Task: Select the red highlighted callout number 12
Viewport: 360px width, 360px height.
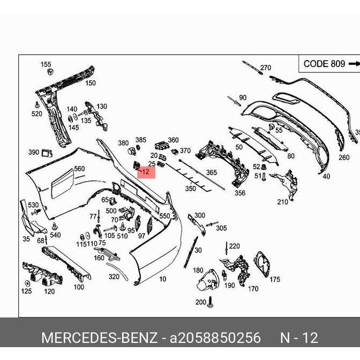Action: [146, 172]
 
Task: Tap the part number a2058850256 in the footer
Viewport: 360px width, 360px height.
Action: [215, 338]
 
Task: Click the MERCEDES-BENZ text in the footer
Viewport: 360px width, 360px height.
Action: [99, 338]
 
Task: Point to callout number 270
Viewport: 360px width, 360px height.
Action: [266, 68]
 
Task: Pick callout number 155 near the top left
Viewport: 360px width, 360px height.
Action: [46, 64]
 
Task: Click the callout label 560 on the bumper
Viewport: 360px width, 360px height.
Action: [79, 169]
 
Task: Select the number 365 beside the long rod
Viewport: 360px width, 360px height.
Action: [212, 172]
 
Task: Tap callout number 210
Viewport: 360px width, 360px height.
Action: [282, 202]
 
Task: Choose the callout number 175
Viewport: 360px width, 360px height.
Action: [274, 279]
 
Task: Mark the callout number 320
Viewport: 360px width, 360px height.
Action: [114, 277]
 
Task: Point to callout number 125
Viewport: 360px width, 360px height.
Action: [26, 291]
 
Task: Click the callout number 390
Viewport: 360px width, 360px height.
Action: [33, 153]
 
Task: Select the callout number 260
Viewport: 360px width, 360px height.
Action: [343, 158]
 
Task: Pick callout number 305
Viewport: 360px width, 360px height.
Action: [221, 228]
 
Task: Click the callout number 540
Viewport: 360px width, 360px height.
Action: [55, 235]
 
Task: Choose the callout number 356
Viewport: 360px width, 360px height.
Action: [239, 193]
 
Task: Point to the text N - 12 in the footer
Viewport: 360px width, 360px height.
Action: [299, 338]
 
